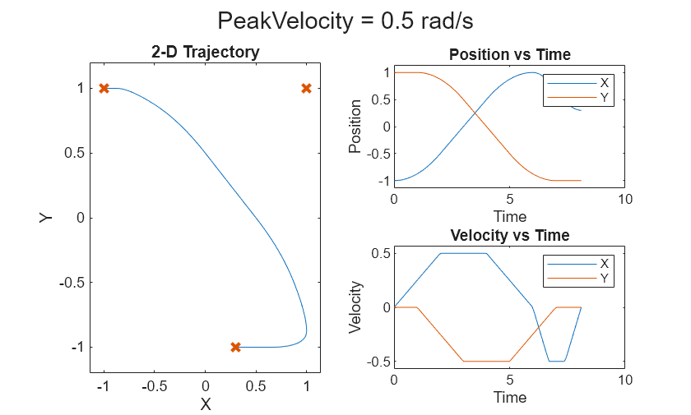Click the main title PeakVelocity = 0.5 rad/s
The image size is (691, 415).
coord(345,21)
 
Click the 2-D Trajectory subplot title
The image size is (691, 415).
coord(206,53)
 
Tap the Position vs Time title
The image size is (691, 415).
coord(509,55)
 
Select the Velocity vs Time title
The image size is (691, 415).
coord(509,236)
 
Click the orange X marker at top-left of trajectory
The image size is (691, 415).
coord(104,88)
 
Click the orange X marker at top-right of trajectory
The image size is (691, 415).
coord(306,88)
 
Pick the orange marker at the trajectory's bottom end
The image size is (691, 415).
coord(235,348)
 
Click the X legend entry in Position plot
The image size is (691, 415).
coord(605,83)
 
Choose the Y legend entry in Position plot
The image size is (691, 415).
coord(605,97)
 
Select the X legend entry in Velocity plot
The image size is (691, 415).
coord(605,264)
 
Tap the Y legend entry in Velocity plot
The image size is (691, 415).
coord(605,279)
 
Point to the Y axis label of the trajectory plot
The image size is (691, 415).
coord(46,218)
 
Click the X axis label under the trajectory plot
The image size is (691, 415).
coord(206,404)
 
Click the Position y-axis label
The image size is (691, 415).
coord(355,127)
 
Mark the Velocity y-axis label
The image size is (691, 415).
coord(355,307)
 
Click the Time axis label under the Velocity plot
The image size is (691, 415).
coord(509,397)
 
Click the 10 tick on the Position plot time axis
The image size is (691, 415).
coord(624,200)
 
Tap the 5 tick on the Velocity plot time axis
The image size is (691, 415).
coord(509,380)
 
